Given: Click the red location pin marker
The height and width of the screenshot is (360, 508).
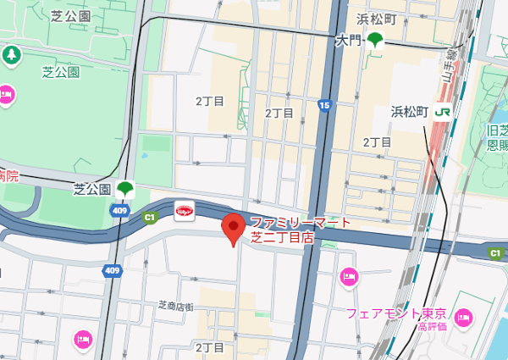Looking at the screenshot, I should point(234,230).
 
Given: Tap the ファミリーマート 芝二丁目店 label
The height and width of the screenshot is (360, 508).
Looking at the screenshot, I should point(300,230).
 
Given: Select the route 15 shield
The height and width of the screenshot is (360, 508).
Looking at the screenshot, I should point(324,105).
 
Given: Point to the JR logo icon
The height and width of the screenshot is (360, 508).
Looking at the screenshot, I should point(442,111).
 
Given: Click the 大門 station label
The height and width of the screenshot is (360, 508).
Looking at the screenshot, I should point(349,40).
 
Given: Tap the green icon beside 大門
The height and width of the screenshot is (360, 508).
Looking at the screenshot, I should point(373,39).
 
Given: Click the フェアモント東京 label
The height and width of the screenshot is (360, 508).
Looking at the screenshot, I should point(395,313).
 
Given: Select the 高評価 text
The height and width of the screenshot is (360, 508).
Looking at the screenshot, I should point(432,326).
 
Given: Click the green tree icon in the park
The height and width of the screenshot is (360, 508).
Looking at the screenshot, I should point(12,56).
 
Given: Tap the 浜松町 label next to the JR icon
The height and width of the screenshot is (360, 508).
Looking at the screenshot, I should point(410,111).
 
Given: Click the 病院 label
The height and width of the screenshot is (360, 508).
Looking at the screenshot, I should point(8,176).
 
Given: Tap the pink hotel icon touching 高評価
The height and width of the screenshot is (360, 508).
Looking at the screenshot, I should point(462,318).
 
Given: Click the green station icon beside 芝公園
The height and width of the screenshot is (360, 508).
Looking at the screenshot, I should point(124,188).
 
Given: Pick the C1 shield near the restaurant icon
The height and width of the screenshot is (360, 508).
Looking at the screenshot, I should point(150,218).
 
